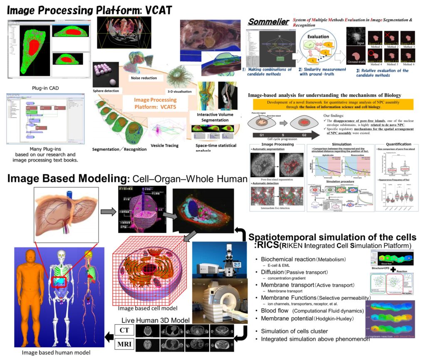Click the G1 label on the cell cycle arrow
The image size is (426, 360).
tap(263, 135)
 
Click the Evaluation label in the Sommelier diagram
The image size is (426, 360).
tap(318, 37)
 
